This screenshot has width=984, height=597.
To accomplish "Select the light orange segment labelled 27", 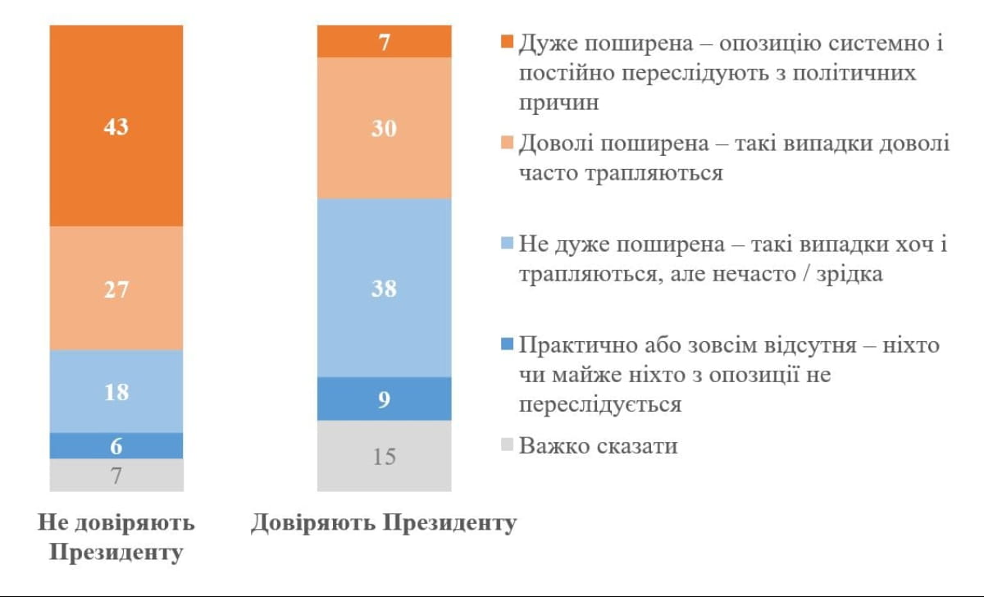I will [116, 288].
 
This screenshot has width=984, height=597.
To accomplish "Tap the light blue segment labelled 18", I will [116, 391].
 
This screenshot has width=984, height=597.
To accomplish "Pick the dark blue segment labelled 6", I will [116, 445].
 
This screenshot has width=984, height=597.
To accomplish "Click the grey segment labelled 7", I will [116, 475].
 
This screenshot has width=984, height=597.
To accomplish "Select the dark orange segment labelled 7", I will [384, 41].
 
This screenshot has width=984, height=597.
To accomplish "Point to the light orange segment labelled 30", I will [384, 128].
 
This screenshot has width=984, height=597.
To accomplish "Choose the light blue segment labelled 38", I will [384, 288].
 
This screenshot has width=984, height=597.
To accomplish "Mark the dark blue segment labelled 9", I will [384, 399].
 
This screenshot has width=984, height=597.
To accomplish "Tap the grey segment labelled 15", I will [384, 456].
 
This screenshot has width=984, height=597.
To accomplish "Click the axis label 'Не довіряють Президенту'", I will [116, 537].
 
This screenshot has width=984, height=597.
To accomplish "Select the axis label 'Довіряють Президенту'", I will [384, 523].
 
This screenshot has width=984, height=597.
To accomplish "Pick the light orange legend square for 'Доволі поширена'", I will [507, 144].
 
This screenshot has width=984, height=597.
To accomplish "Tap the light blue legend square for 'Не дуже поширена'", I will [507, 245].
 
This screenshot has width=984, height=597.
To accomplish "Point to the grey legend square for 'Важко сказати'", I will [507, 447].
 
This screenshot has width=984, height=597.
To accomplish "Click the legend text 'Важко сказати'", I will [599, 447].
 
